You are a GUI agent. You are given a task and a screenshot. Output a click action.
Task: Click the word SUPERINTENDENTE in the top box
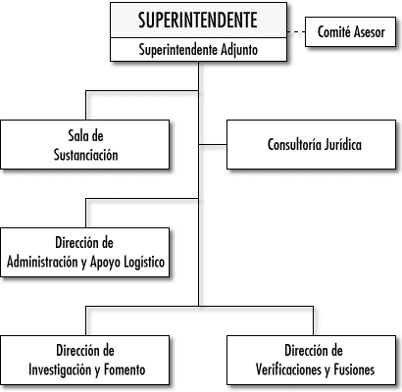pyautogui.click(x=198, y=21)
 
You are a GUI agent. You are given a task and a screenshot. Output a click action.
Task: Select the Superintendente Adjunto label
pyautogui.click(x=198, y=50)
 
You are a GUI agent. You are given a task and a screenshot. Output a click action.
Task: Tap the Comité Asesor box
pyautogui.click(x=350, y=31)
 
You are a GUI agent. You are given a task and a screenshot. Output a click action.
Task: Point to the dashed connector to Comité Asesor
pyautogui.click(x=296, y=32)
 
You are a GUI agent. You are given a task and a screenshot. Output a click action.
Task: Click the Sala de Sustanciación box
pyautogui.click(x=85, y=144)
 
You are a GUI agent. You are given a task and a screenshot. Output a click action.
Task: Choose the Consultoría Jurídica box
pyautogui.click(x=311, y=144)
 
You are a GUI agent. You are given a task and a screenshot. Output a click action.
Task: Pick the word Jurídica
pyautogui.click(x=343, y=145)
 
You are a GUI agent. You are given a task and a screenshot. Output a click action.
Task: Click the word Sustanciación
pyautogui.click(x=85, y=155)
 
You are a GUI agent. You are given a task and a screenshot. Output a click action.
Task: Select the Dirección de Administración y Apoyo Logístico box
pyautogui.click(x=85, y=252)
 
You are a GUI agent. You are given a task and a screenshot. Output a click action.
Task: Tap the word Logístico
pyautogui.click(x=145, y=262)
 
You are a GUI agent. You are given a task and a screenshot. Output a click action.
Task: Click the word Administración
pyautogui.click(x=42, y=262)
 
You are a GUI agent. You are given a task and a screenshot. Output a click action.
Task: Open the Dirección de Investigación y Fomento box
pyautogui.click(x=85, y=360)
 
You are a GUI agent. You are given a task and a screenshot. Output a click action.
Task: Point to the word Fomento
pyautogui.click(x=125, y=369)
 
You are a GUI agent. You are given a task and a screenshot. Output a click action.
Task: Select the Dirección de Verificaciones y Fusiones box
pyautogui.click(x=311, y=360)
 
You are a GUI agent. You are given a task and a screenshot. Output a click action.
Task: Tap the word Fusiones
pyautogui.click(x=354, y=369)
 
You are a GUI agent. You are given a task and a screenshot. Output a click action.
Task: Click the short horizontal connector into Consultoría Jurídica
pyautogui.click(x=213, y=144)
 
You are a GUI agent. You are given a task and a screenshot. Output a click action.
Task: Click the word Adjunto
pyautogui.click(x=239, y=50)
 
